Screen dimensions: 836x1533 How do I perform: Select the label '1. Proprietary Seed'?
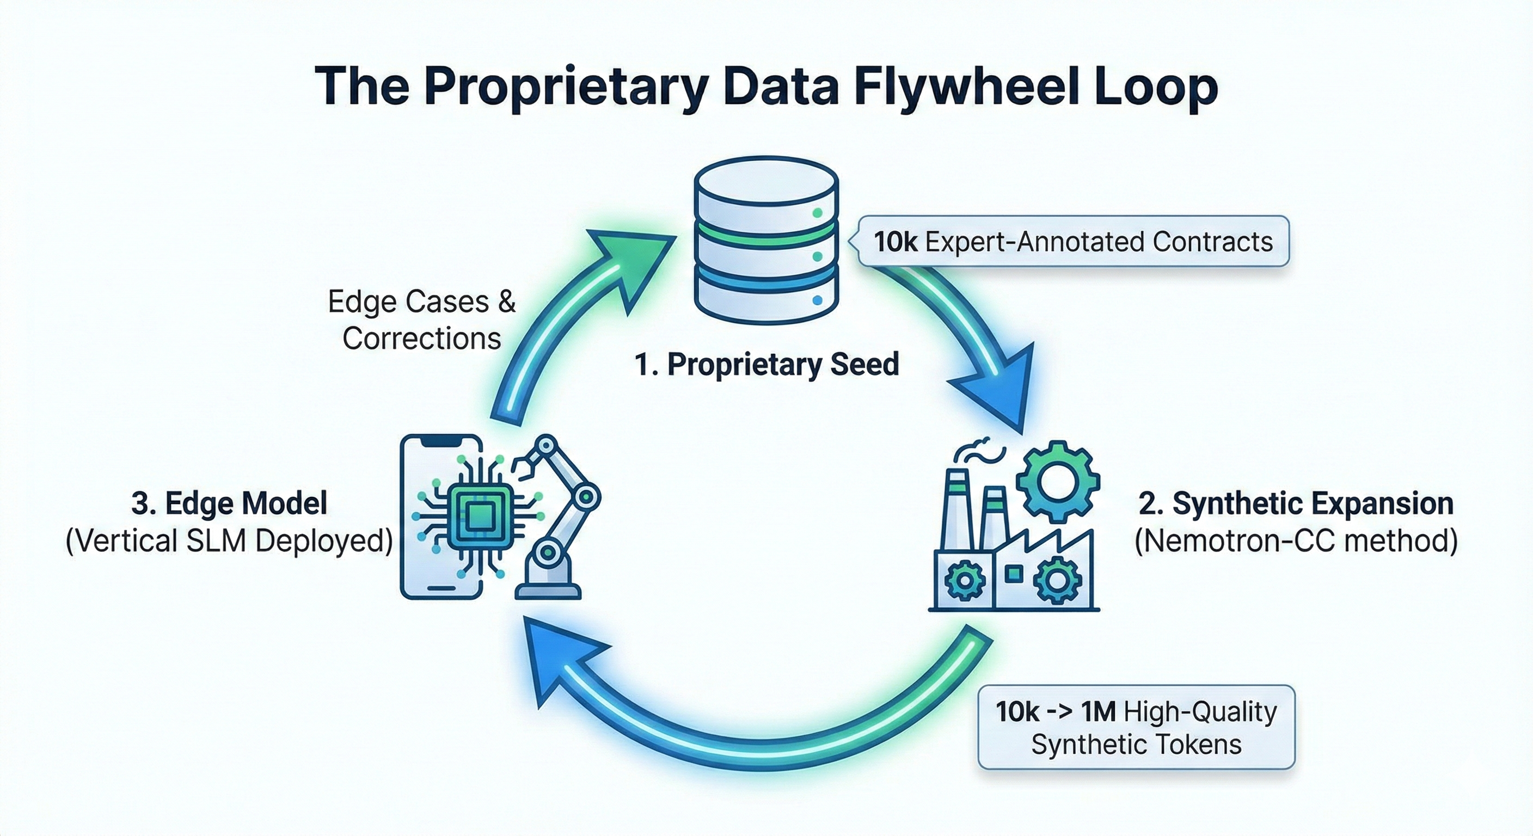tap(766, 364)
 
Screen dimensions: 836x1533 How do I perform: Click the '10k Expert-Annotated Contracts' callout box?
tap(1073, 241)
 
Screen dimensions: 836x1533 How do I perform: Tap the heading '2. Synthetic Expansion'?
tap(1296, 503)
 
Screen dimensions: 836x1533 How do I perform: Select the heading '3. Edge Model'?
tap(229, 503)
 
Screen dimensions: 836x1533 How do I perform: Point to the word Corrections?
tap(421, 339)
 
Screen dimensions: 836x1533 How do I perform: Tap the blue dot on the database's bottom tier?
tap(817, 301)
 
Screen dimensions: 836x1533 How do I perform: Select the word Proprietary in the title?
tap(566, 88)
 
